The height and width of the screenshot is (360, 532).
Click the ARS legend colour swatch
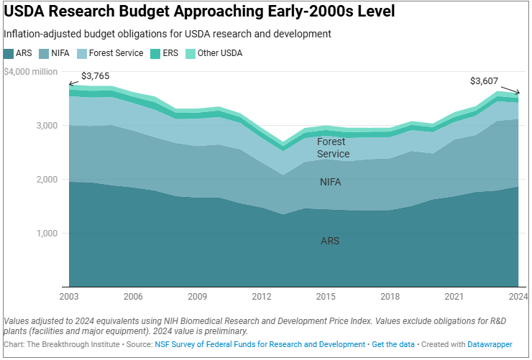(x=9, y=54)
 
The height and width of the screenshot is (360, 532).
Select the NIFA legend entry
(x=55, y=53)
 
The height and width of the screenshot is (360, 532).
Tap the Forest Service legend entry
(x=110, y=53)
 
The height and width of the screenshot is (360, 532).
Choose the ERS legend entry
(x=164, y=53)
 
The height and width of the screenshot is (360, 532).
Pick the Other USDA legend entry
(x=214, y=53)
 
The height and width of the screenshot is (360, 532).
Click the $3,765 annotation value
(x=96, y=76)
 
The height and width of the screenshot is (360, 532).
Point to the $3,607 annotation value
(x=484, y=81)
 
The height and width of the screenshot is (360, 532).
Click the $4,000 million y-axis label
(x=30, y=72)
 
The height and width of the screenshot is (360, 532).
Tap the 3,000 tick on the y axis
(x=47, y=126)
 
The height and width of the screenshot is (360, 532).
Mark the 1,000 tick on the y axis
(x=47, y=234)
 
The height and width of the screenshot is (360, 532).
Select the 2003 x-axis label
(x=69, y=297)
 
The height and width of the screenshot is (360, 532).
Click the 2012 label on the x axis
(x=262, y=297)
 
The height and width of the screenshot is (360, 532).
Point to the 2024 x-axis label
(x=518, y=297)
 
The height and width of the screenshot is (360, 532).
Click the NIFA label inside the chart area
(x=331, y=182)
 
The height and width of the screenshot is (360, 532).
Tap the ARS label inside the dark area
(x=330, y=241)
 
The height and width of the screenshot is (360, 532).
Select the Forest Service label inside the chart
(x=333, y=148)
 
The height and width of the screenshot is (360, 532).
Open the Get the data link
(x=393, y=344)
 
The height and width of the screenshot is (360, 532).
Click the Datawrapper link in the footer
(x=490, y=344)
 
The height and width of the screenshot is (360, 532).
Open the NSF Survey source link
(x=260, y=344)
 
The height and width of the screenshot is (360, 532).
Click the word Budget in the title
(x=144, y=11)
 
